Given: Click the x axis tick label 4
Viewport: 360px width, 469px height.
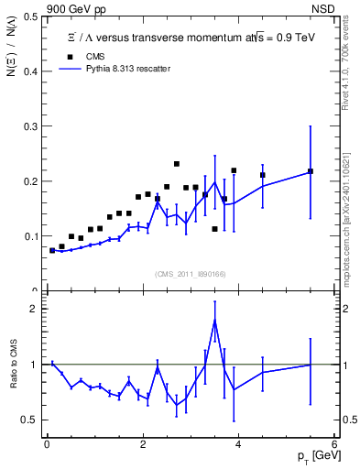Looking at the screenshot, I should click(238, 445).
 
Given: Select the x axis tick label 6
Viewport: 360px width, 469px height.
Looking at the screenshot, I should click(334, 445).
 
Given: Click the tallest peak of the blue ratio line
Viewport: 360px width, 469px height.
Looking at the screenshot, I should click(214, 320).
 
